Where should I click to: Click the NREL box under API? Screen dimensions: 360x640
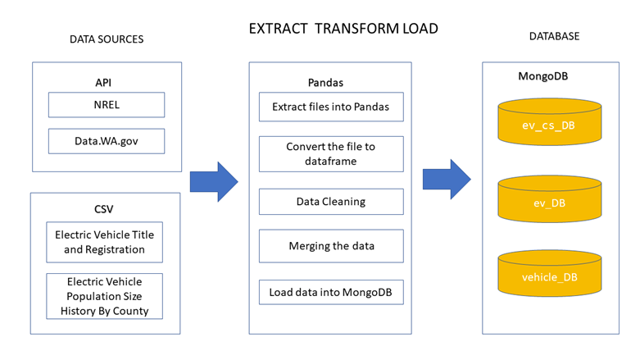pyautogui.click(x=107, y=104)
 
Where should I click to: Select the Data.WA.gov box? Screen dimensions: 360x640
pyautogui.click(x=107, y=141)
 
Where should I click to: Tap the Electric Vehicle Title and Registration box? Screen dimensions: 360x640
pyautogui.click(x=104, y=242)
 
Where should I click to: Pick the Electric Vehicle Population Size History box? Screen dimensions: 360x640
pyautogui.click(x=104, y=296)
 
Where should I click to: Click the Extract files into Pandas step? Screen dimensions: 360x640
pyautogui.click(x=331, y=107)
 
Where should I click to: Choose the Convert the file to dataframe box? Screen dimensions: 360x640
pyautogui.click(x=331, y=153)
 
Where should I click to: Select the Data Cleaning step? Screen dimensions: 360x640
pyautogui.click(x=331, y=201)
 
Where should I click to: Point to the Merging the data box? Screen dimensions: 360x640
pyautogui.click(x=331, y=246)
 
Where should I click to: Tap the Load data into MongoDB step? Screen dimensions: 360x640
pyautogui.click(x=331, y=292)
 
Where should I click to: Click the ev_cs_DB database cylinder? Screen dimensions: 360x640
pyautogui.click(x=549, y=125)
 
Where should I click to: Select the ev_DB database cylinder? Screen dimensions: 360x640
pyautogui.click(x=549, y=202)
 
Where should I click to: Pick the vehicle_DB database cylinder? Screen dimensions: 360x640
pyautogui.click(x=549, y=277)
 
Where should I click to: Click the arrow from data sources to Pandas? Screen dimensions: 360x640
pyautogui.click(x=213, y=181)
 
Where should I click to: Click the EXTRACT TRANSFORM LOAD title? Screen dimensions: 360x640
pyautogui.click(x=343, y=29)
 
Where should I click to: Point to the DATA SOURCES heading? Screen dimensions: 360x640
pyautogui.click(x=107, y=39)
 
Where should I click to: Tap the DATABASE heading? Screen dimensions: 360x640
pyautogui.click(x=554, y=37)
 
